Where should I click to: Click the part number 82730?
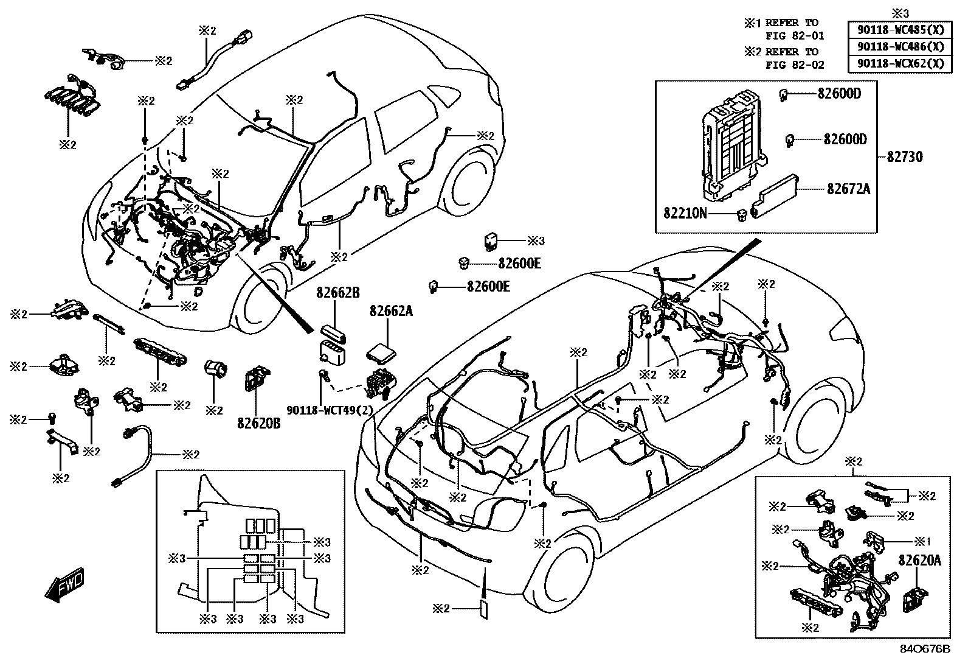(x=905, y=156)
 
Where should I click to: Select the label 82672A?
(x=849, y=189)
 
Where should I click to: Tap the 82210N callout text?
(x=685, y=213)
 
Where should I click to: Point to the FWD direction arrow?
(x=64, y=584)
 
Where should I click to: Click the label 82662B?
(x=338, y=293)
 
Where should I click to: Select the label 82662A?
(x=391, y=310)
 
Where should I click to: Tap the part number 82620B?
(x=259, y=423)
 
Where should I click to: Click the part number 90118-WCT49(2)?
(x=330, y=410)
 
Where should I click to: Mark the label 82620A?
(x=919, y=561)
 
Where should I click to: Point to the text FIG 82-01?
(x=795, y=36)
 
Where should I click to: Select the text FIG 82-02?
(x=795, y=65)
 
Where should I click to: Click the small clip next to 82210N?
(x=741, y=215)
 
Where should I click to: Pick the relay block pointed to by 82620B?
(x=256, y=378)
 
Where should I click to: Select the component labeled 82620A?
(x=914, y=600)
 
